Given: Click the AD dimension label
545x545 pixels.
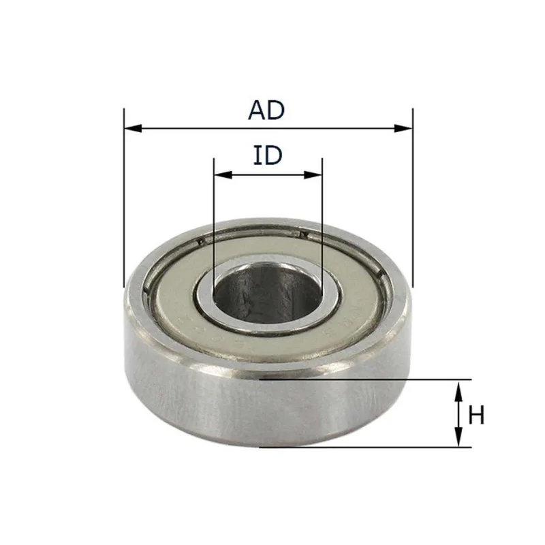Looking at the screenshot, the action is [266, 110].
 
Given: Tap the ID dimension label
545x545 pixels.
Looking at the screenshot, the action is [268, 155].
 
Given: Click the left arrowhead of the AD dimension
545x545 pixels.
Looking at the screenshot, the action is [133, 128].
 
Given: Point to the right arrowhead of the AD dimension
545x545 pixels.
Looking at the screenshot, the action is [403, 128].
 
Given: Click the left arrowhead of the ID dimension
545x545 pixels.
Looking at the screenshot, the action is [223, 175].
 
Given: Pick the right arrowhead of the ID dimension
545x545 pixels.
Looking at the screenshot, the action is [313, 175].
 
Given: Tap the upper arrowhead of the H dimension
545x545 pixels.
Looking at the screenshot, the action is [458, 390].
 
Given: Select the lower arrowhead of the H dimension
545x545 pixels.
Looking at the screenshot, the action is [458, 437].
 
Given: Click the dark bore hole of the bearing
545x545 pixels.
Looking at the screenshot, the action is [267, 294].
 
